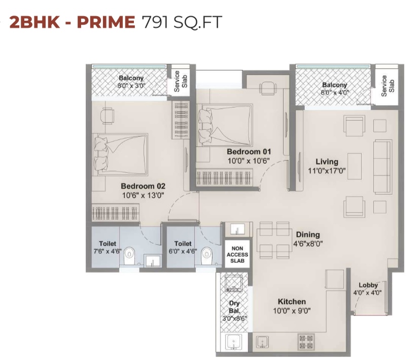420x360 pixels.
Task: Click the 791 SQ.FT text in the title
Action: pyautogui.click(x=182, y=22)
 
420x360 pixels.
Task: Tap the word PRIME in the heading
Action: pyautogui.click(x=106, y=22)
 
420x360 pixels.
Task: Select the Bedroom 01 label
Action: pyautogui.click(x=249, y=152)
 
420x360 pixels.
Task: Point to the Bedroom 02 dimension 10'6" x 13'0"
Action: pyautogui.click(x=143, y=195)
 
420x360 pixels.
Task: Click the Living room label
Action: pyautogui.click(x=327, y=162)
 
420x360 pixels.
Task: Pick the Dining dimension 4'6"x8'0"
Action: pyautogui.click(x=308, y=244)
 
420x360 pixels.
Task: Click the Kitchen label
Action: pyautogui.click(x=292, y=302)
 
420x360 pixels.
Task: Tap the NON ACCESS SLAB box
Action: pyautogui.click(x=237, y=255)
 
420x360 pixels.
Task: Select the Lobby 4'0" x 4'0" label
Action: pyautogui.click(x=368, y=289)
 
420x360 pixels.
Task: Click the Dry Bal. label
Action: pyautogui.click(x=234, y=307)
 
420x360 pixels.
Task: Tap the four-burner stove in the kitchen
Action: pyautogui.click(x=306, y=342)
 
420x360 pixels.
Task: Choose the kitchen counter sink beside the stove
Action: pyautogui.click(x=262, y=342)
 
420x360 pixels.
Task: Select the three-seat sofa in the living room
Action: pyautogui.click(x=382, y=166)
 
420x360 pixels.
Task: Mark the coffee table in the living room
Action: pyautogui.click(x=355, y=166)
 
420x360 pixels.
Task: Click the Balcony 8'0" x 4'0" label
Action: pyautogui.click(x=335, y=89)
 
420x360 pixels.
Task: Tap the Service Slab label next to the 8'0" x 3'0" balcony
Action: pyautogui.click(x=180, y=81)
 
